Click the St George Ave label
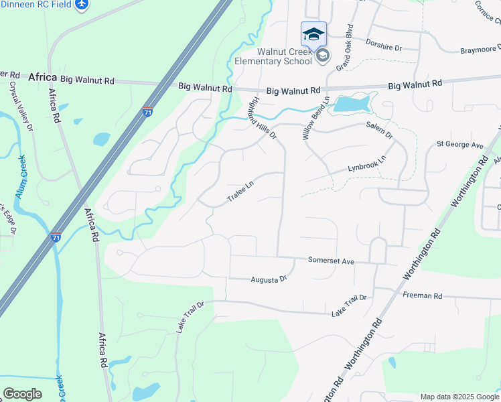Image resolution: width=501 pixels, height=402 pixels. click(x=459, y=145)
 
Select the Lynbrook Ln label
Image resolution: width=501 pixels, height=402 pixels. click(x=367, y=163)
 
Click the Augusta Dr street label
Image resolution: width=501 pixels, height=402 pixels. click(x=269, y=279)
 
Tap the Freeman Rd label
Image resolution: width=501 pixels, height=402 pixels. click(x=423, y=295)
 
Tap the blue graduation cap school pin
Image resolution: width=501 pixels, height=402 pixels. click(x=313, y=33)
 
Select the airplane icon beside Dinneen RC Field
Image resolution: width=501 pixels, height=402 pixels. click(x=81, y=5)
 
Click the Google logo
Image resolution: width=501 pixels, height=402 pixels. click(x=22, y=394)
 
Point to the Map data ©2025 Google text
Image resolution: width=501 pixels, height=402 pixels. click(x=459, y=397)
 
